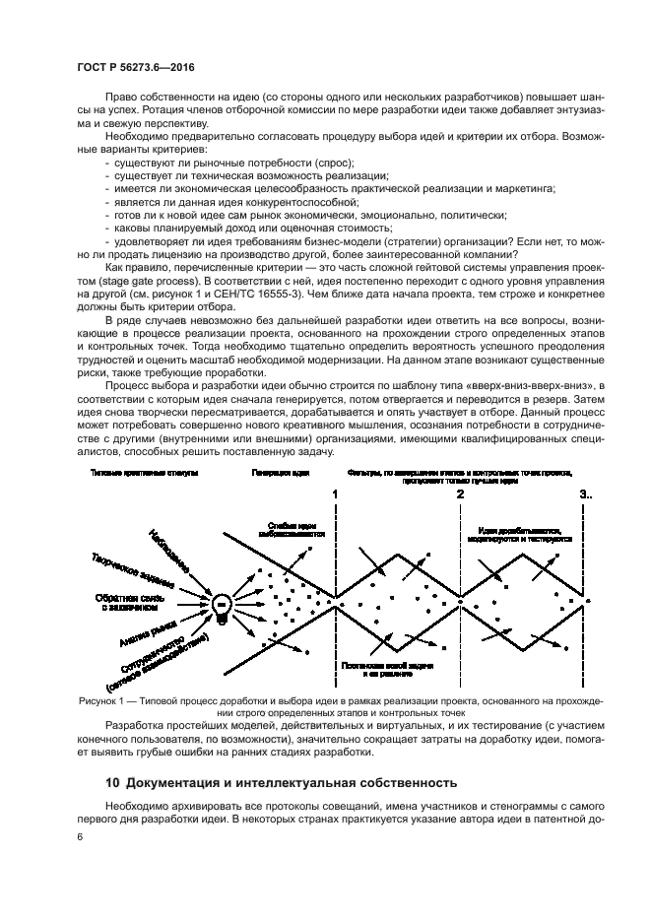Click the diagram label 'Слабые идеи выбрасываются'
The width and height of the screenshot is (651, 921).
[x=293, y=530]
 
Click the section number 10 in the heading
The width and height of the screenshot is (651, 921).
[x=112, y=784]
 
